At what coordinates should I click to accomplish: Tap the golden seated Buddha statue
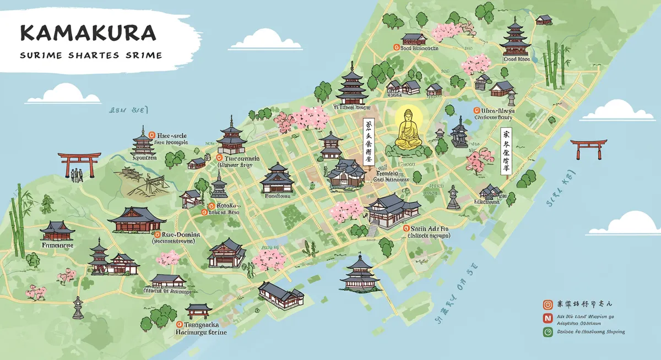click(x=408, y=129)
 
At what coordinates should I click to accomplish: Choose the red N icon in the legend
click(x=548, y=318)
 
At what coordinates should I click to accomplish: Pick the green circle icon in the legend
click(x=548, y=332)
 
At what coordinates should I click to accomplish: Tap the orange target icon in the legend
click(x=548, y=304)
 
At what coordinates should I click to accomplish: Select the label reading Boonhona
click(x=277, y=195)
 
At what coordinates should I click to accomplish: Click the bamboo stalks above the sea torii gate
click(x=552, y=63)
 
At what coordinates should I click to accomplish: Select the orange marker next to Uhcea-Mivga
click(x=477, y=110)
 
